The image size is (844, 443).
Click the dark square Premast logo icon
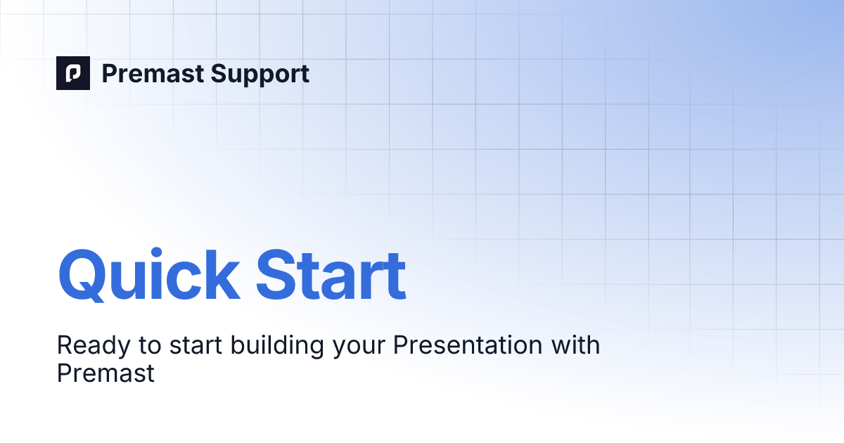(73, 73)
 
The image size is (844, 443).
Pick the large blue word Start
(331, 274)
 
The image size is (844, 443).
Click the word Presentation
(452, 346)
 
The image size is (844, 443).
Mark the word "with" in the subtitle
(575, 345)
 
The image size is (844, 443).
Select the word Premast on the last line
(105, 373)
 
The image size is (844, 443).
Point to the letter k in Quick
(220, 274)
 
